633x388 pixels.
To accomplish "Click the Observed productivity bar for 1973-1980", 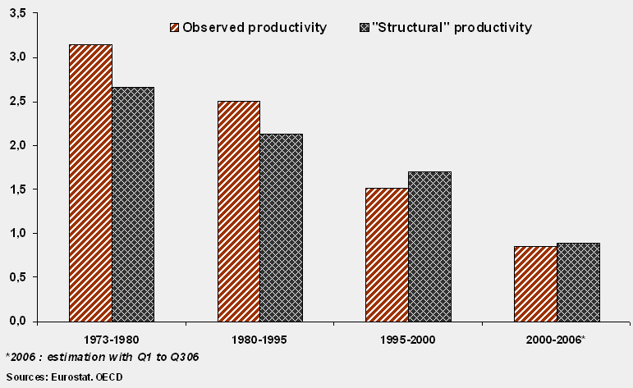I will click(x=91, y=182).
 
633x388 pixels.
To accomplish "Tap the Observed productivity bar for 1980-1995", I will click(x=239, y=211).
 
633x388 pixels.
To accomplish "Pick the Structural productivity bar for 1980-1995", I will click(x=281, y=227).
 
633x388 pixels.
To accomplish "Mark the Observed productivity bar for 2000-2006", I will click(x=535, y=283).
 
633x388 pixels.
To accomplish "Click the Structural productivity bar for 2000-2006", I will click(x=578, y=281).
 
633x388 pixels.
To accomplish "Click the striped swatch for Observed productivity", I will click(x=173, y=28).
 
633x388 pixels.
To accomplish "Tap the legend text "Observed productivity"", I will click(x=255, y=28).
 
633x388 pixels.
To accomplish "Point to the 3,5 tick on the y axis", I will click(x=17, y=14).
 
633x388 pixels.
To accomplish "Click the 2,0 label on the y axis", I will click(x=17, y=145).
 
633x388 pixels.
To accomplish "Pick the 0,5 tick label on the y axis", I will click(x=17, y=277).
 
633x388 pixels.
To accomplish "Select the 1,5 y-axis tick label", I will click(x=17, y=189).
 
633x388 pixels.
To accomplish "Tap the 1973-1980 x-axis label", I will click(x=112, y=338).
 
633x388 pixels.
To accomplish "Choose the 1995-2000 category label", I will click(x=408, y=338).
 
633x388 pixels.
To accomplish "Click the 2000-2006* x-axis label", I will click(x=557, y=338).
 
